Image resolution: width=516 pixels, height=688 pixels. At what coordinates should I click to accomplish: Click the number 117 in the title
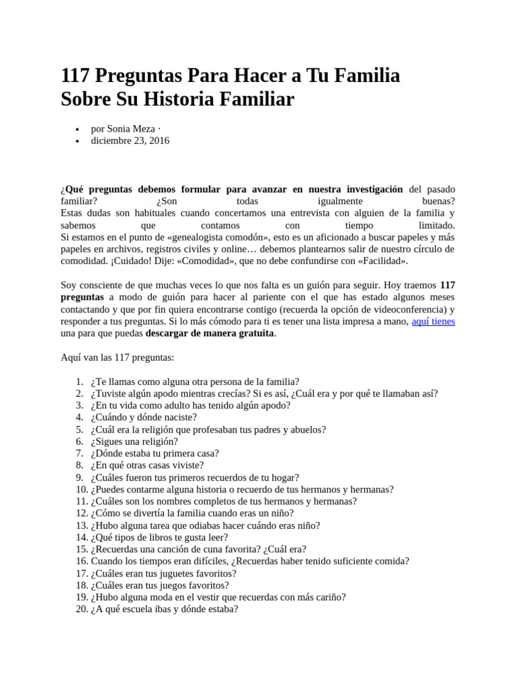[77, 77]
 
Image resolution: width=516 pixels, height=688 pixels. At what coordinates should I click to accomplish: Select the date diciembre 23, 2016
[130, 140]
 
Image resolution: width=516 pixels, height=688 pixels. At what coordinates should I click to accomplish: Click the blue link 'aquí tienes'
[433, 321]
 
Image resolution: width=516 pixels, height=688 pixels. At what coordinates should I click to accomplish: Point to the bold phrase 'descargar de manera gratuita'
[210, 333]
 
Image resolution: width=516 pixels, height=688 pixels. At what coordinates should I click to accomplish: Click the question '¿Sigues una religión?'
[134, 441]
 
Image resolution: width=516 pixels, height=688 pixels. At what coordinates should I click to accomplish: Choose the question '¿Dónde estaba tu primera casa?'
[155, 454]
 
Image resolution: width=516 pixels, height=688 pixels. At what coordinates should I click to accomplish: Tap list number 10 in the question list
[81, 489]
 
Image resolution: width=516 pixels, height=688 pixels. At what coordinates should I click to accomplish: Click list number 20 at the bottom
[81, 609]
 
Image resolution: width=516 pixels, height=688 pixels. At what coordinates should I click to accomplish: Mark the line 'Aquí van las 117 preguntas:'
[117, 357]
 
